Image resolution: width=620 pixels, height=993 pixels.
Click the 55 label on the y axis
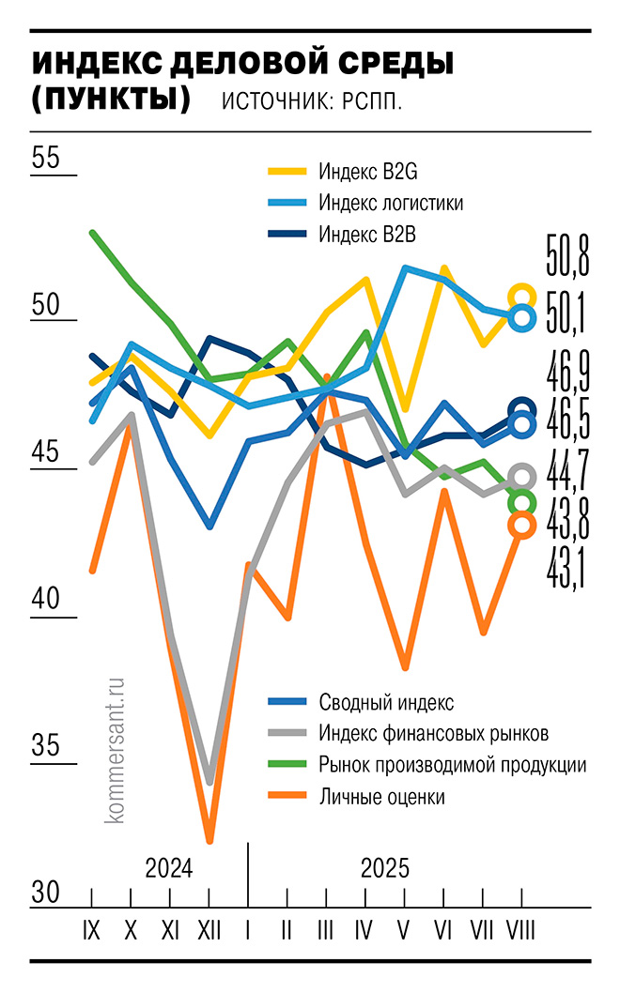click(x=45, y=158)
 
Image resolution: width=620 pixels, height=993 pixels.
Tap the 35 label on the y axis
click(x=45, y=746)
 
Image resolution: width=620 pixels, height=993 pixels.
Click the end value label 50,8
click(x=567, y=255)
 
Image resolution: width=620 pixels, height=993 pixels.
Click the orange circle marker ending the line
click(x=523, y=527)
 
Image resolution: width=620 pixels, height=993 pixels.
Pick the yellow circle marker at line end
click(x=522, y=298)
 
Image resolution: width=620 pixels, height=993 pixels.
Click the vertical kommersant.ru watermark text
click(x=117, y=751)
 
